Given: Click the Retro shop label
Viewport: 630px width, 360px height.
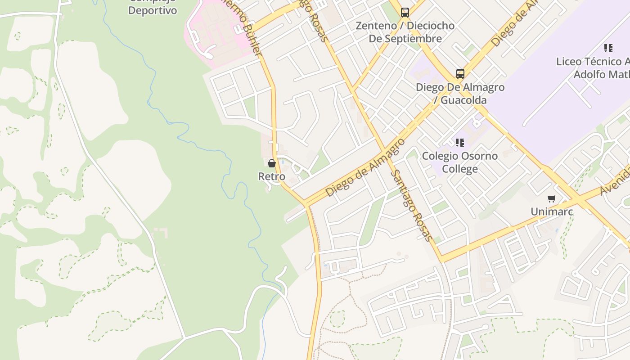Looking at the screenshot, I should [x=272, y=176].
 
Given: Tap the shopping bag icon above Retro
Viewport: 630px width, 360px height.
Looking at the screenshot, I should [x=272, y=163].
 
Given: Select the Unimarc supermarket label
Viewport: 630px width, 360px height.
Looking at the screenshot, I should [x=551, y=211].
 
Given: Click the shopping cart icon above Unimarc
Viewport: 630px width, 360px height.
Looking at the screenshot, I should [x=551, y=198].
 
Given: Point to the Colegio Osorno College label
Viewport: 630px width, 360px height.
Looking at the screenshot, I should [x=459, y=162].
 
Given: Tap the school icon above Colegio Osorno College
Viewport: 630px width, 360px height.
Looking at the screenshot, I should [x=459, y=143].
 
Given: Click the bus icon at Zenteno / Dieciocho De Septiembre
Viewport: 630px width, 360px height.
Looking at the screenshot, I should [x=405, y=13].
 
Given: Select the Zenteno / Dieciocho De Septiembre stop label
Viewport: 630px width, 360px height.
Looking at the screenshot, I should [x=405, y=32].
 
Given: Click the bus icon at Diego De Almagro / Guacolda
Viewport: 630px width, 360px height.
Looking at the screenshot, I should [x=460, y=73].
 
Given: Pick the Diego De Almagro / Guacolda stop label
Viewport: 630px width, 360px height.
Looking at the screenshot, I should [x=460, y=94].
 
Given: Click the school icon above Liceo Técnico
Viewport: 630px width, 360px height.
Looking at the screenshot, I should [x=608, y=48].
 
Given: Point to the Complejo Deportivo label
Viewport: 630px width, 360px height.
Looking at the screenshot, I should [x=153, y=9].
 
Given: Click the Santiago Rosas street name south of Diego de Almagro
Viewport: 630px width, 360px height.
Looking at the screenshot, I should [x=411, y=205].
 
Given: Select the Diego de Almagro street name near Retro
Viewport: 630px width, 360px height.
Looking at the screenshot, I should [x=365, y=168].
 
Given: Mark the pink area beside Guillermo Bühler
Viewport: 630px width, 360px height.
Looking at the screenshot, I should [x=216, y=31].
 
